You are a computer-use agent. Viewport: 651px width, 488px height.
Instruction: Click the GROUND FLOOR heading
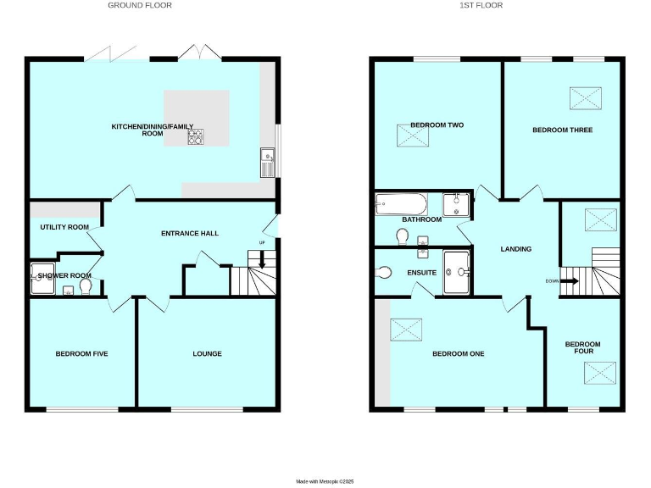[x=140, y=5]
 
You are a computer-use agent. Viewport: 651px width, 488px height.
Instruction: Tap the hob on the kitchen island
[x=196, y=136]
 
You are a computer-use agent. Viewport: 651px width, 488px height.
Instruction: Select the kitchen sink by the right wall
[x=267, y=157]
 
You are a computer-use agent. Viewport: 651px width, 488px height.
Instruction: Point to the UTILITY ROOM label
[x=64, y=227]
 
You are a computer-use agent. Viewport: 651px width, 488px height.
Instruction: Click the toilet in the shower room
[x=86, y=288]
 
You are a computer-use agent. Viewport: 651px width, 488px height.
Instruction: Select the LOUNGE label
[x=207, y=353]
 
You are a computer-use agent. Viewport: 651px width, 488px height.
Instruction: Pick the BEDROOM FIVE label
[x=81, y=353]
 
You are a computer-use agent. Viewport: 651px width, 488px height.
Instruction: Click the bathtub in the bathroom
[x=402, y=203]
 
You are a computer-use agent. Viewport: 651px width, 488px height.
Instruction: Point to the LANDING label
[x=516, y=249]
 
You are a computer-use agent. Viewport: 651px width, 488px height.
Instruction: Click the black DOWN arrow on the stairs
[x=570, y=281]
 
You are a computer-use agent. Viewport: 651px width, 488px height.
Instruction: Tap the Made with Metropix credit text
[x=325, y=480]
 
